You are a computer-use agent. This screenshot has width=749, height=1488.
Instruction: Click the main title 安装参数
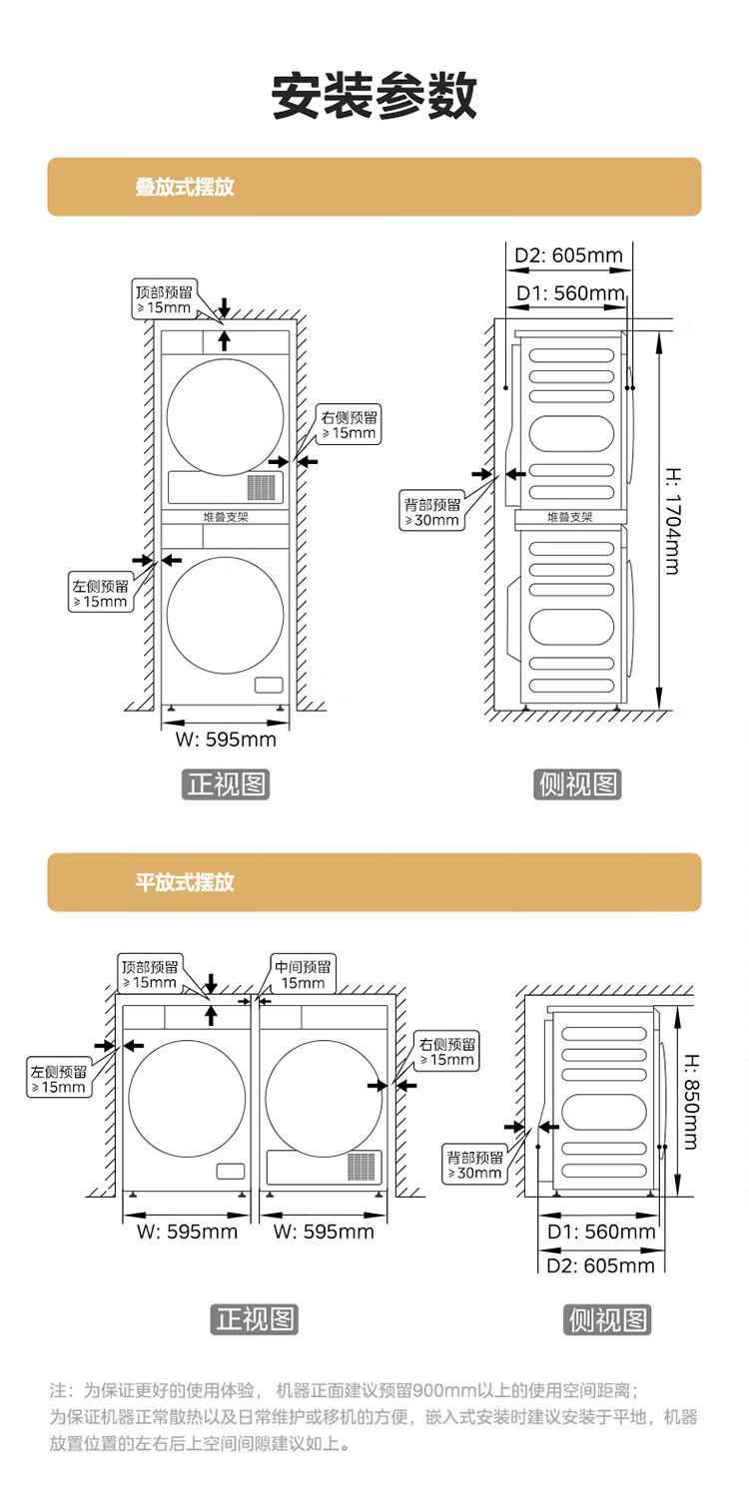[x=374, y=96]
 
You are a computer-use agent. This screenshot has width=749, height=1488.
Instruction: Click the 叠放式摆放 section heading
[x=185, y=187]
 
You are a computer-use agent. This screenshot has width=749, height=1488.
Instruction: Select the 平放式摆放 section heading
[x=185, y=882]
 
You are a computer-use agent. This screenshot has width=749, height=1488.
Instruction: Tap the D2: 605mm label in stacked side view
[x=568, y=255]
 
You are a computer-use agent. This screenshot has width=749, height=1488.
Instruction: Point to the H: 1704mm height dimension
[x=671, y=520]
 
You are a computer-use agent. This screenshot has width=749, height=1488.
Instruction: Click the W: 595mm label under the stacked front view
[x=226, y=740]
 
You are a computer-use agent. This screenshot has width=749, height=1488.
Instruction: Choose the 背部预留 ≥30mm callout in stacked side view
[x=432, y=512]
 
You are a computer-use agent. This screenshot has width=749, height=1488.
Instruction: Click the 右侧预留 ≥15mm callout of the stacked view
[x=349, y=425]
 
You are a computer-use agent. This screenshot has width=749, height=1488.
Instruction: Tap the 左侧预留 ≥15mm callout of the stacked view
[x=100, y=594]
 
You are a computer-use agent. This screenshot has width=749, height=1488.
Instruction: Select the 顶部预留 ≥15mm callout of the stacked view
[x=165, y=299]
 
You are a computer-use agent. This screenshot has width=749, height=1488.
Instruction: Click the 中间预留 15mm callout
[x=304, y=974]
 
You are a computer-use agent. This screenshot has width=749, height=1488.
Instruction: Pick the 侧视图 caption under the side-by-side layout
[x=607, y=1320]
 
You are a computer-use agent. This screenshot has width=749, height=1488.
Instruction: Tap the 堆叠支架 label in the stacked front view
[x=226, y=518]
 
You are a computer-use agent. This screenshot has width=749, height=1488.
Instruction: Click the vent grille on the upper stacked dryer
[x=261, y=487]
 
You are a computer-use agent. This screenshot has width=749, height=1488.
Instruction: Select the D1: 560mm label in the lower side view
[x=601, y=1232]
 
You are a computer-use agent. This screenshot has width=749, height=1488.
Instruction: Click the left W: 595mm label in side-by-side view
[x=187, y=1232]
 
